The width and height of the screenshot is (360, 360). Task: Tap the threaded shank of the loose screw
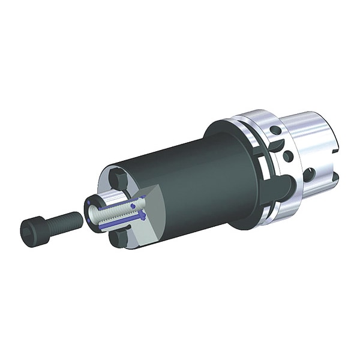pos(66,220)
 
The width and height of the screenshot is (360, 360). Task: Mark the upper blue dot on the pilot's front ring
pos(90,205)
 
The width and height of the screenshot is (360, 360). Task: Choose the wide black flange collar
pos(228,174)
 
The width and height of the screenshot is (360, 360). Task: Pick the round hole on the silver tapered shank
pos(310,175)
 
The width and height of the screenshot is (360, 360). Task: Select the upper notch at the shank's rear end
pos(334,144)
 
